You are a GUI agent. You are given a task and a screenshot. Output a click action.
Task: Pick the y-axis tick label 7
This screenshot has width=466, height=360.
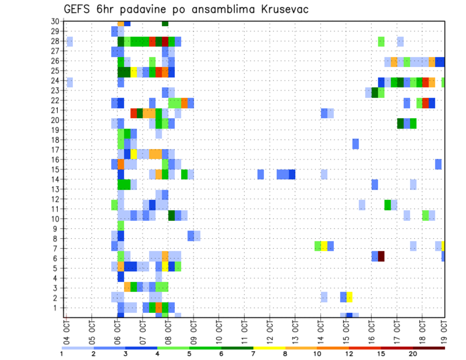coord(57,248)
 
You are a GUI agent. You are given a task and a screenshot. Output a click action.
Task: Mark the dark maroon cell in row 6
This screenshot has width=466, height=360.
coord(381,256)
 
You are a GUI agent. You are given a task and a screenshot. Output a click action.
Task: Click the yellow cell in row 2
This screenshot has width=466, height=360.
coord(349,296)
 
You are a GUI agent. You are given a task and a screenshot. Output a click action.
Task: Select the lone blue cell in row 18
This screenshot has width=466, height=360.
coord(356,144)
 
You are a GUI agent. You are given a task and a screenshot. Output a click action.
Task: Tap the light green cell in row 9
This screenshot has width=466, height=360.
coord(121,226)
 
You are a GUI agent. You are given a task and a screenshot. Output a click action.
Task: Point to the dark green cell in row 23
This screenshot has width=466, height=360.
coord(375,92)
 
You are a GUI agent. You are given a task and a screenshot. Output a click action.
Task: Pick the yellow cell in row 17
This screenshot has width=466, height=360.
coord(133,153)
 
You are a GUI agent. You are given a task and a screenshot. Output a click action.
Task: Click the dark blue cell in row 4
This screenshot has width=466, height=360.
coord(121,277)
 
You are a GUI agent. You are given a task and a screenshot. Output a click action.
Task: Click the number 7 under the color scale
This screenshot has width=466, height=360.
coord(253,354)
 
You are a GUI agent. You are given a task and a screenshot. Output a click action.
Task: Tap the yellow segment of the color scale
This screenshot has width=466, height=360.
coord(269,347)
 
